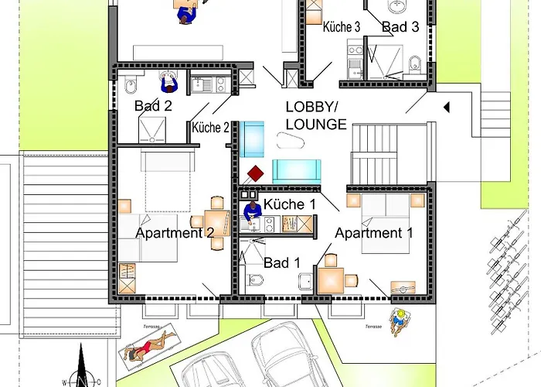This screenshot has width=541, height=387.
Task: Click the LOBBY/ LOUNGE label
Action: (316, 116)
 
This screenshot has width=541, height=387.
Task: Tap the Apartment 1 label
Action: (373, 233)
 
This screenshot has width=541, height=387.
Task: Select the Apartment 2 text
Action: (175, 233)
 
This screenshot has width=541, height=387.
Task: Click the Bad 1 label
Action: (282, 263)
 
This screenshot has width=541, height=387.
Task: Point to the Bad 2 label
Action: (153, 106)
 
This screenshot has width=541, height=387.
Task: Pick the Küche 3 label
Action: (342, 27)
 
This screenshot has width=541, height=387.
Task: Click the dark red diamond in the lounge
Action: (255, 174)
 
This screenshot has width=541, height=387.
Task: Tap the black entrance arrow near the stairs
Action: (447, 108)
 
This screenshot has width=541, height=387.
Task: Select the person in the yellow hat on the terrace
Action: (400, 321)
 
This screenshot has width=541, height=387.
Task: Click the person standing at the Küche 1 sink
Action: (252, 212)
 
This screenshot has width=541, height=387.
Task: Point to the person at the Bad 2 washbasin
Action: (169, 82)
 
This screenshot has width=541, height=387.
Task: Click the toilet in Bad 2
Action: (130, 84)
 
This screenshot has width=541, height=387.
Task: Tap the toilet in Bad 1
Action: (254, 279)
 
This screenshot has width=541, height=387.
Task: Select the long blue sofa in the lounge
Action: (297, 171)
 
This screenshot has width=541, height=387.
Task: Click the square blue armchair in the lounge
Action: (252, 139)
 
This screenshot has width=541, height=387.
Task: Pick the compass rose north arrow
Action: (81, 365)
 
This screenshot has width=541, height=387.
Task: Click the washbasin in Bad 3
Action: (397, 6)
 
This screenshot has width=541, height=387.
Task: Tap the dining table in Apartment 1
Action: (331, 280)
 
